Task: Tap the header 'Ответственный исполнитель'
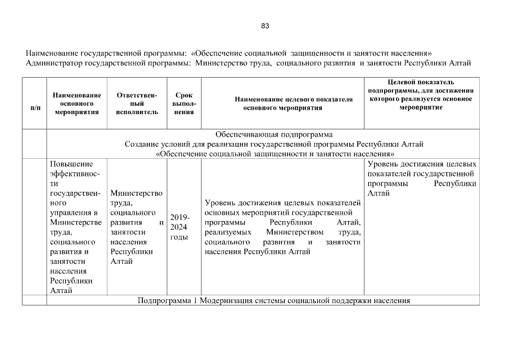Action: pos(137,103)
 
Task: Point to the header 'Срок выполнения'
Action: pos(184,103)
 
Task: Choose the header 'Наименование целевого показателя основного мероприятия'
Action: pos(282,103)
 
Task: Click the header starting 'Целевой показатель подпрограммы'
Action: pos(421,94)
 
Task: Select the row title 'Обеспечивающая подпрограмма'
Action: pos(274,134)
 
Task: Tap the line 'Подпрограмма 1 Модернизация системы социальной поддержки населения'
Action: pos(274,300)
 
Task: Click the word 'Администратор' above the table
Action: pos(53,63)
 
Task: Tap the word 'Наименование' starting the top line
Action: pos(51,53)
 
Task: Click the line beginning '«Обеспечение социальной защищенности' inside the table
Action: pos(274,154)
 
